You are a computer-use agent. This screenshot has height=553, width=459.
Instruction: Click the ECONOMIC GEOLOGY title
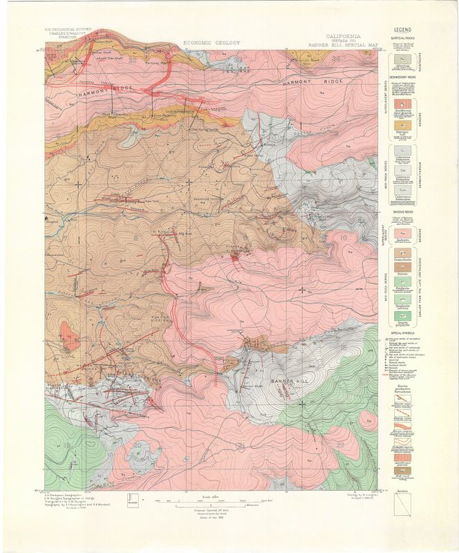point(212,43)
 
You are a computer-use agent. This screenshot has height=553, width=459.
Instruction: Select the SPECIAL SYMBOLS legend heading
point(403,331)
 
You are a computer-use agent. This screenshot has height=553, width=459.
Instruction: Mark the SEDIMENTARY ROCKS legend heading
point(403,78)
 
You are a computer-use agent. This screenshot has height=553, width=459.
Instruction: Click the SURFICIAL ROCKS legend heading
point(403,39)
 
